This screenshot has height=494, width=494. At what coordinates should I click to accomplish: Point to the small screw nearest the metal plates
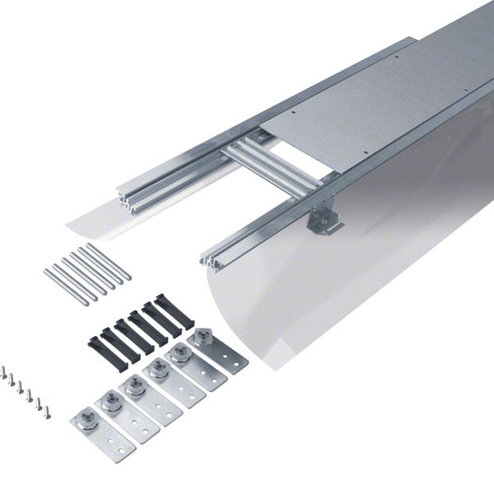47,412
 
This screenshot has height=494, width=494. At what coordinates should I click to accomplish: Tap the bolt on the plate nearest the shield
200,337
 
